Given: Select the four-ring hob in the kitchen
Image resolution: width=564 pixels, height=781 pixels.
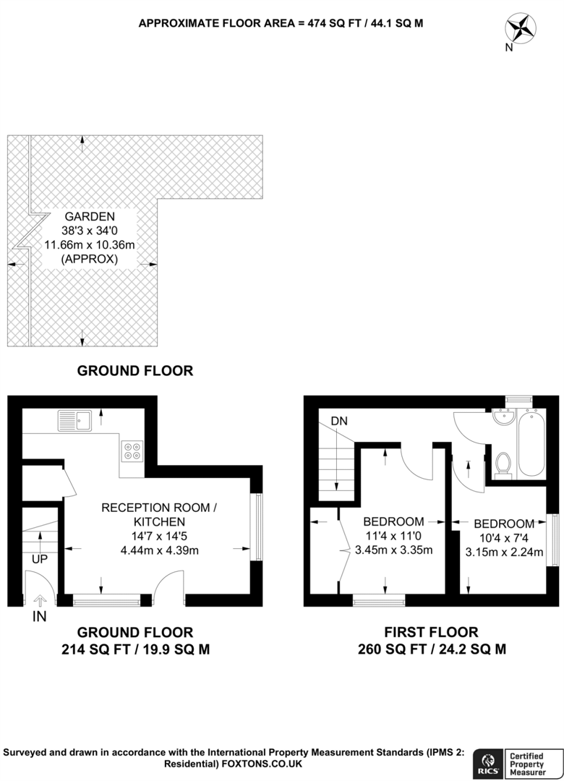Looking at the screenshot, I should point(132,451).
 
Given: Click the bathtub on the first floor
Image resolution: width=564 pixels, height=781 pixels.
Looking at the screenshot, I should point(532,443).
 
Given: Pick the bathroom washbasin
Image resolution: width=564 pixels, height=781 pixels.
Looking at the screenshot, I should point(503,419).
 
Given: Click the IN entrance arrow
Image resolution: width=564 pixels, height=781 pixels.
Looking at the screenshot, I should point(39,600).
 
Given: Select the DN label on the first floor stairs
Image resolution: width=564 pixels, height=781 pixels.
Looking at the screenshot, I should point(339,421).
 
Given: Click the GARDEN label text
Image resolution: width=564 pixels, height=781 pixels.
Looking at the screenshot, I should point(90,215).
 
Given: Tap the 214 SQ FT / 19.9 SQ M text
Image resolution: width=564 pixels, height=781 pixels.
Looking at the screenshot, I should point(135,649).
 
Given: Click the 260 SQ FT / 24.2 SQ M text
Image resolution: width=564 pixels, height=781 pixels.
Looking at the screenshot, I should point(432,649).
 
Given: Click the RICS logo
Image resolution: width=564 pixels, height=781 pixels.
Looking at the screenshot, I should point(485,763).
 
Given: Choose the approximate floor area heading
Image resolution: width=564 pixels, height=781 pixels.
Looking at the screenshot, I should point(281,22).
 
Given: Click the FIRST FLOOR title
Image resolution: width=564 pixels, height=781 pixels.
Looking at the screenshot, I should point(432,632).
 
